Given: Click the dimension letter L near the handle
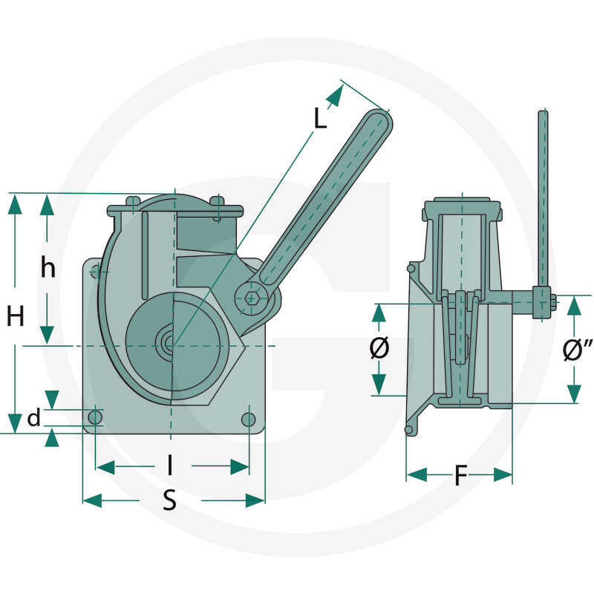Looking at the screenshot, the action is click(x=320, y=118).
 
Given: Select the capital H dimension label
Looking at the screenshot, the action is click(x=16, y=316).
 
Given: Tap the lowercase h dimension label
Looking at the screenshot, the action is click(x=48, y=267).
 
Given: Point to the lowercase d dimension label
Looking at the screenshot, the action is click(x=34, y=418).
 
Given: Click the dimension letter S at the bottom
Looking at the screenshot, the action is click(x=170, y=500).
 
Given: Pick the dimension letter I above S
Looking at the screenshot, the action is click(x=170, y=465).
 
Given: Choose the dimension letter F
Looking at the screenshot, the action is click(x=460, y=475).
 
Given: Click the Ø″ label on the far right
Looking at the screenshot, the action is click(x=578, y=349).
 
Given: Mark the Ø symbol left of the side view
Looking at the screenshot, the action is click(x=379, y=348).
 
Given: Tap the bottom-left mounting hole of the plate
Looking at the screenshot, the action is click(x=95, y=418).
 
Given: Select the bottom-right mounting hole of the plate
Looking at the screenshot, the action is click(x=249, y=419).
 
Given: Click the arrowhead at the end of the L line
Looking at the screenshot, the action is click(x=335, y=95).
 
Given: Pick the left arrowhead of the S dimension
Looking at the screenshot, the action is click(x=92, y=500).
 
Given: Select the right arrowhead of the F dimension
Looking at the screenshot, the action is click(x=503, y=474).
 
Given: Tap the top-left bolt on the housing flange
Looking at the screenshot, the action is click(x=133, y=201).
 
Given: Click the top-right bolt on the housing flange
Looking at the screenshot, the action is click(x=218, y=201).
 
